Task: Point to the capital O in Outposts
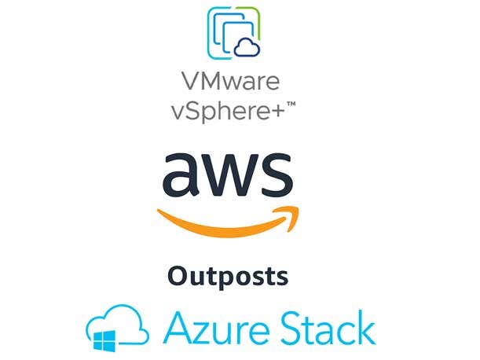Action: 177,277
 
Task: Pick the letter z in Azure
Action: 202,330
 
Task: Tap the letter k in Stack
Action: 365,327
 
